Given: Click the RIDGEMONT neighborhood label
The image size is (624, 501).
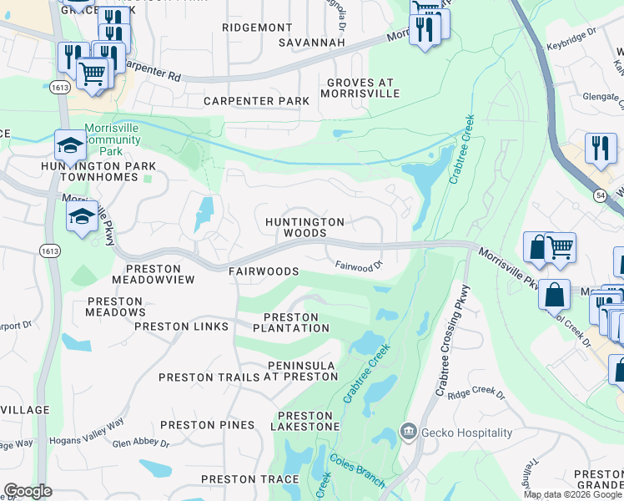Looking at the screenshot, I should pyautogui.click(x=258, y=28).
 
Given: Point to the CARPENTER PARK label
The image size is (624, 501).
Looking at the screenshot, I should pyautogui.click(x=256, y=101).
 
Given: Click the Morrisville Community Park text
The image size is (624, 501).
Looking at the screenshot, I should pyautogui.click(x=116, y=141).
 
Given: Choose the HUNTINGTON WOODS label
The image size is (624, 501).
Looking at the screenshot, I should pyautogui.click(x=304, y=227).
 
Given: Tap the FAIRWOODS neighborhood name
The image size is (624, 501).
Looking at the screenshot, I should pyautogui.click(x=264, y=271).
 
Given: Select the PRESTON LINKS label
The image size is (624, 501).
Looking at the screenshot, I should pyautogui.click(x=181, y=326).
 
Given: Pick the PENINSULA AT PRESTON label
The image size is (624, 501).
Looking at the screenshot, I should pyautogui.click(x=302, y=371).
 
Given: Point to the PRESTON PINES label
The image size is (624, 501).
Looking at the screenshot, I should pyautogui.click(x=207, y=425).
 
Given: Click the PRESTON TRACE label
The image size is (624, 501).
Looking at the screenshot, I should pyautogui.click(x=249, y=479).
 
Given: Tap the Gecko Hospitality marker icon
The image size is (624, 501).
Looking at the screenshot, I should pyautogui.click(x=409, y=432).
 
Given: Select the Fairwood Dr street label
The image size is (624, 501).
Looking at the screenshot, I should pyautogui.click(x=358, y=266).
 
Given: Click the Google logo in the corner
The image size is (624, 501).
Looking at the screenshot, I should pyautogui.click(x=28, y=491).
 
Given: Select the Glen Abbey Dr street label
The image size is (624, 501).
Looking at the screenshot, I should pyautogui.click(x=141, y=443).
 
